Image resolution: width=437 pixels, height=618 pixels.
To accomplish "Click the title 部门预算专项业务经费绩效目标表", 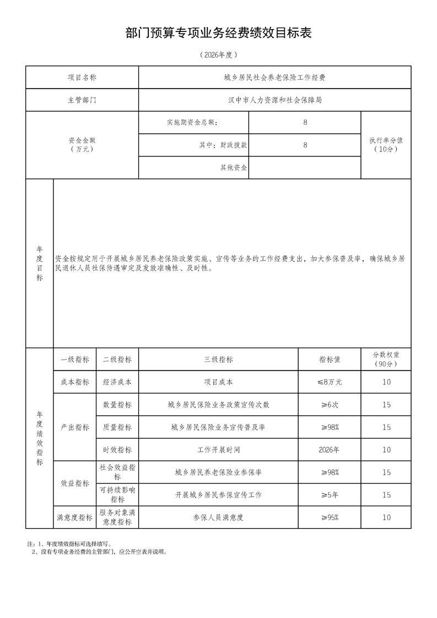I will pos(219,34).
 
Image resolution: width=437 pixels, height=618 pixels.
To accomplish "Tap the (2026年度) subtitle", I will pos(219,55).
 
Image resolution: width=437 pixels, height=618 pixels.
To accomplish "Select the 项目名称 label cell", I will pos(82,78).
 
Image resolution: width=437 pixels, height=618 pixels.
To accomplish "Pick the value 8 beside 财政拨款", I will pos(305,145).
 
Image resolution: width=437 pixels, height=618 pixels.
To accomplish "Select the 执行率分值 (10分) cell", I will pos(386,145).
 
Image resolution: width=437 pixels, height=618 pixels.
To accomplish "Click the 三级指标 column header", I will pos(218,359).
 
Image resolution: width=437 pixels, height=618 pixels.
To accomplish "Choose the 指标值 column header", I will pos(329,359).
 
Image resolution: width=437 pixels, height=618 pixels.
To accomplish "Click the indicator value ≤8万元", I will pos(329,382).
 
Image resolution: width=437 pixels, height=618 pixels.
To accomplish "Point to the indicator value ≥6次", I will pos(329,404).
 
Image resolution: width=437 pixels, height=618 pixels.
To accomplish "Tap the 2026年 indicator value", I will pos(329,449).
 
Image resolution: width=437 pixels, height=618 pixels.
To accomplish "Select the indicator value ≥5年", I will pos(329,495).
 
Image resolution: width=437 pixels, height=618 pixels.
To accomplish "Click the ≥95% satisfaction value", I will pos(329,517).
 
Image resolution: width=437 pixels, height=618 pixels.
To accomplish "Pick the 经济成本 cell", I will pos(117,382).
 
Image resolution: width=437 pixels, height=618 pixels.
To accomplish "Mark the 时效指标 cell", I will pos(117,449).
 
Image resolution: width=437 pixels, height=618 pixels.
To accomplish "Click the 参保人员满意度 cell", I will pos(218,517).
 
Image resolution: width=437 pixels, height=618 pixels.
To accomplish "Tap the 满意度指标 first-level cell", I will pos(74,517).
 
